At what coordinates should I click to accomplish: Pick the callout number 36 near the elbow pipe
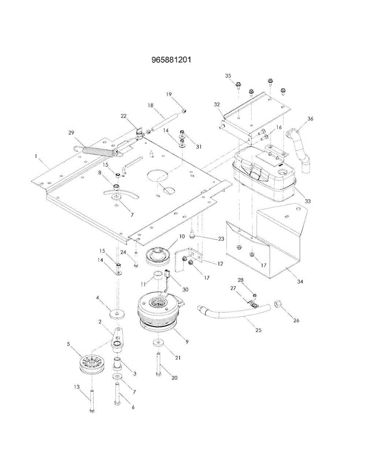[x=310, y=118]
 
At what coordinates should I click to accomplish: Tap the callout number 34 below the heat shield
[x=300, y=281]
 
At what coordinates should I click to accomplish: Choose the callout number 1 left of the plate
[x=36, y=156]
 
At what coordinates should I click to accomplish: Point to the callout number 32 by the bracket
[x=216, y=104]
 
